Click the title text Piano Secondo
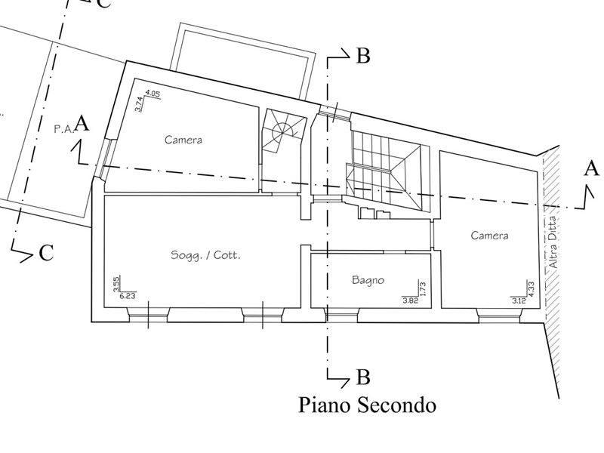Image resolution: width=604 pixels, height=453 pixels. coord(368,405)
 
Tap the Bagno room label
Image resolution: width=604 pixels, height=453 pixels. coord(368,280)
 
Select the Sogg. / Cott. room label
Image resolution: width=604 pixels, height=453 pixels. coord(205,256)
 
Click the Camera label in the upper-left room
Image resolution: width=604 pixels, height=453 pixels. coord(183,140)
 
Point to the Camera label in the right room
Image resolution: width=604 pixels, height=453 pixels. coord(489,236)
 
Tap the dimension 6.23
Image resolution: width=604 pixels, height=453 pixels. coord(127,296)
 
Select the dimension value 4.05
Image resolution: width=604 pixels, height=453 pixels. coord(152,94)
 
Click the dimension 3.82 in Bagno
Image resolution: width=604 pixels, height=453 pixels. coord(410,300)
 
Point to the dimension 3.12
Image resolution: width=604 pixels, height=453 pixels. coord(519,300)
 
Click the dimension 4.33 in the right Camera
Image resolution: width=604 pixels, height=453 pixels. coord(532,288)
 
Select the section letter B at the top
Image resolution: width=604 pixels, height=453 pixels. coord(362,56)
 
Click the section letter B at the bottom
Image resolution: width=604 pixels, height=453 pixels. coord(362,375)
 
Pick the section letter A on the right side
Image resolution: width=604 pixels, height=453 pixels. coord(590,168)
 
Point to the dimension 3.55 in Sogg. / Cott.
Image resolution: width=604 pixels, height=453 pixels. coord(116,284)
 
